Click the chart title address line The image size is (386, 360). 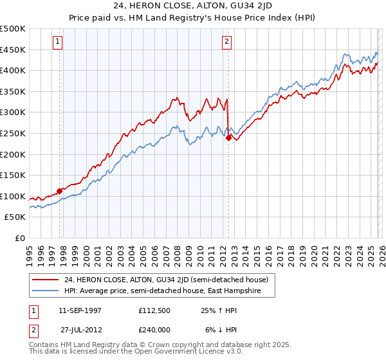(193, 6)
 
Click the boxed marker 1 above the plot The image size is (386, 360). (58, 42)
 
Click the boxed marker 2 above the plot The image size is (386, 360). (227, 42)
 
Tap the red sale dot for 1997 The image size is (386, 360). (60, 190)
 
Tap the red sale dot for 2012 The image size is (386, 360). (228, 137)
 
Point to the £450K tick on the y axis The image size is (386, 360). (13, 50)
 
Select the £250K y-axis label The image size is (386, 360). (13, 133)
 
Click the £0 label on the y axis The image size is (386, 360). (20, 238)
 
